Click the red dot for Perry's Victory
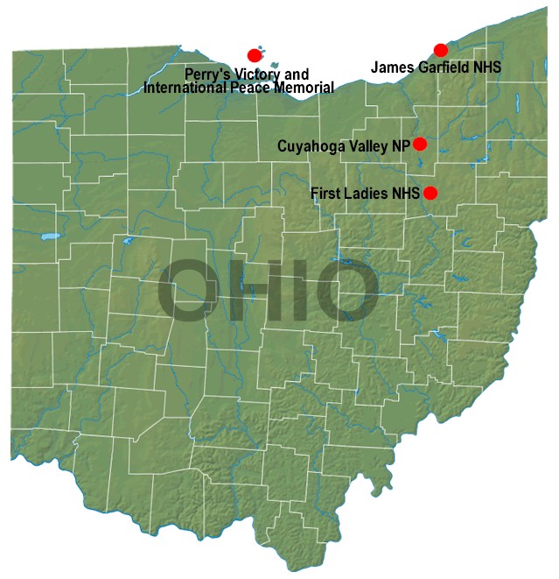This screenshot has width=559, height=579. pyautogui.click(x=255, y=55)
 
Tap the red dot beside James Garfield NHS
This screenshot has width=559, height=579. pyautogui.click(x=441, y=50)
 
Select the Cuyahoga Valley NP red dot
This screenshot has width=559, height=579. pyautogui.click(x=420, y=144)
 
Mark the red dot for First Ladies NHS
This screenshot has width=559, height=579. pyautogui.click(x=430, y=193)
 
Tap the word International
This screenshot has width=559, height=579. pyautogui.click(x=182, y=87)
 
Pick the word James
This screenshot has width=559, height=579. pyautogui.click(x=391, y=67)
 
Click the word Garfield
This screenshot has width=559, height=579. pyautogui.click(x=444, y=67)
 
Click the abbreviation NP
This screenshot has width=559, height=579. pyautogui.click(x=402, y=145)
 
